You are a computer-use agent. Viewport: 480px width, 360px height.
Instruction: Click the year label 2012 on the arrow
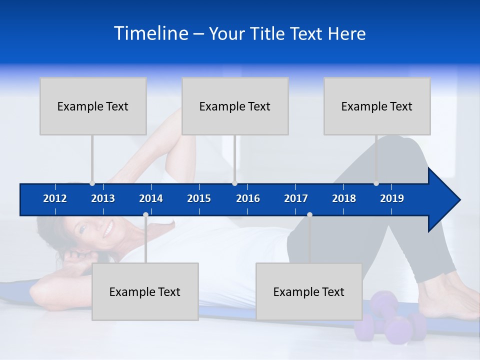click(x=55, y=198)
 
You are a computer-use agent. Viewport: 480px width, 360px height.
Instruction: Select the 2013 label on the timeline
click(x=103, y=198)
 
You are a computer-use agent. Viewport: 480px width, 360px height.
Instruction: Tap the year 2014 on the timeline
click(x=151, y=198)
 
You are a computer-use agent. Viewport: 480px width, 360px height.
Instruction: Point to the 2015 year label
click(x=199, y=198)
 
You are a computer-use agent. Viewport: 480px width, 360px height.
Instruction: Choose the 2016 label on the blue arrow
click(x=248, y=198)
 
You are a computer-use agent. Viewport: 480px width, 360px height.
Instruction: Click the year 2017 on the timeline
click(x=296, y=198)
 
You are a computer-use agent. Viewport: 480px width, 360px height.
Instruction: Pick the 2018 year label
click(x=344, y=198)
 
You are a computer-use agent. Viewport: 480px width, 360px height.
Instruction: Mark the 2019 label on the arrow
click(x=392, y=198)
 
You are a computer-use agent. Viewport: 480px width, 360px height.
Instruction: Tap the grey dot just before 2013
click(x=92, y=183)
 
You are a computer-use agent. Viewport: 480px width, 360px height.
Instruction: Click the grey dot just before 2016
click(x=234, y=183)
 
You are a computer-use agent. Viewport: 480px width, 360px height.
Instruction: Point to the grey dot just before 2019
click(x=376, y=183)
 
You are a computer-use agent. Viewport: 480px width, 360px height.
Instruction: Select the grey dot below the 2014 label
click(x=145, y=215)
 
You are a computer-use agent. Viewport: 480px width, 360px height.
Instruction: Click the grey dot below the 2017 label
click(x=309, y=215)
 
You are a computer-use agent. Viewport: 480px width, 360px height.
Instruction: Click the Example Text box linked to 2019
click(x=377, y=106)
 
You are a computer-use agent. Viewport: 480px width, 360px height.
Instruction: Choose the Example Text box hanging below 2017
click(x=309, y=291)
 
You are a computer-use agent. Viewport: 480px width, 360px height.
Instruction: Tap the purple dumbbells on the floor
click(x=390, y=320)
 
